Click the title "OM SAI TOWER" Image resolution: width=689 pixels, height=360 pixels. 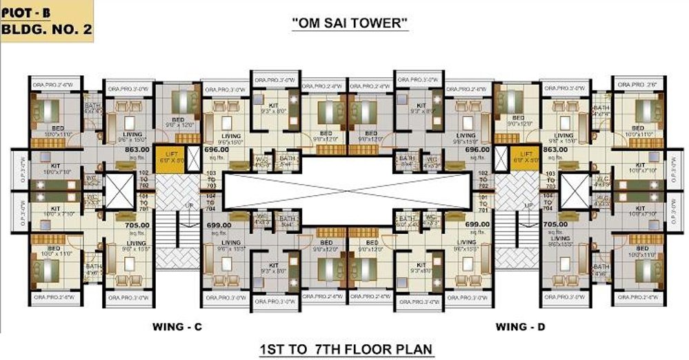(350, 23)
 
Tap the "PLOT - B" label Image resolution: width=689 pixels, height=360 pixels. (25, 10)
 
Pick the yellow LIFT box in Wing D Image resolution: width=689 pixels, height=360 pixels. (526, 157)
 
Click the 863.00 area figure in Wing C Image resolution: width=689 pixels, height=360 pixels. (137, 149)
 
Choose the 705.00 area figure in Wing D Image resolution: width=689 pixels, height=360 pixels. (556, 224)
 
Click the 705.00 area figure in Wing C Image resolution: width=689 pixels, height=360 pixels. (137, 224)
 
